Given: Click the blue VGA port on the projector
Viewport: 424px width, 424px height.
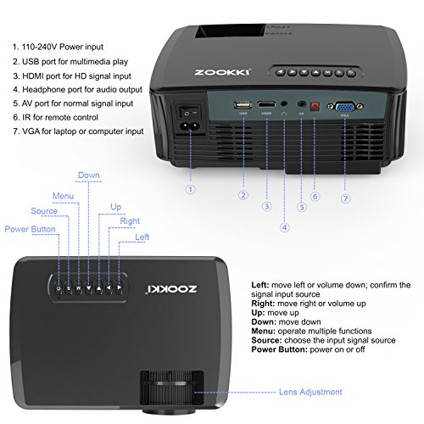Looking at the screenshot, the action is tap(345, 107).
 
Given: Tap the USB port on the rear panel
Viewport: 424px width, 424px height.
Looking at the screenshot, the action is tap(243, 105).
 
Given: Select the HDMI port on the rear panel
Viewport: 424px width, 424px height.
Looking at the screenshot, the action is tap(266, 105).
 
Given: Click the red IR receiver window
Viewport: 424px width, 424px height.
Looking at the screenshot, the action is tap(315, 107).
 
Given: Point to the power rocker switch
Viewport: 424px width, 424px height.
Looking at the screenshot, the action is tap(188, 113).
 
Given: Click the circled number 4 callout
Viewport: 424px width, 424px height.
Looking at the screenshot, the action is tap(285, 227).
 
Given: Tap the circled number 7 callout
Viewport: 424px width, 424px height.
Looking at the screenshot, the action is tap(345, 198).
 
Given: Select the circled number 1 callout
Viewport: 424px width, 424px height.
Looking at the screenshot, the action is tap(191, 190).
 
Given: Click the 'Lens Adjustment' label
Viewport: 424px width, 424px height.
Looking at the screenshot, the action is tap(310, 392).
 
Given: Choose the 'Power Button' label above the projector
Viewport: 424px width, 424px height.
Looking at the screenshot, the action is tap(30, 229).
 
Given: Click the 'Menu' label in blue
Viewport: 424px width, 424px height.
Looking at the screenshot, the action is tap(63, 196).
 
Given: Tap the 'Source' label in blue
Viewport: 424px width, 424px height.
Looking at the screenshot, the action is tap(44, 211).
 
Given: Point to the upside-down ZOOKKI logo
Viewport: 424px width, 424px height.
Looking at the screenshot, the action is tap(171, 289).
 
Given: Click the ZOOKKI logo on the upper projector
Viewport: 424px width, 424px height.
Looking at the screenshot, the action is tap(222, 72).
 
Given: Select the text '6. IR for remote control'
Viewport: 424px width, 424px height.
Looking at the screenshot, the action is tap(55, 117).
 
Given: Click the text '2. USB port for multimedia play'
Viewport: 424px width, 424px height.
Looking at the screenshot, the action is tap(70, 62).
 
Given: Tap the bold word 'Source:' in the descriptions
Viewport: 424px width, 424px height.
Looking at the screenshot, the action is tap(266, 340).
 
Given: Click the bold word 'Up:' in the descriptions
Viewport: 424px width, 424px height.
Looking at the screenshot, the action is tap(258, 313).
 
